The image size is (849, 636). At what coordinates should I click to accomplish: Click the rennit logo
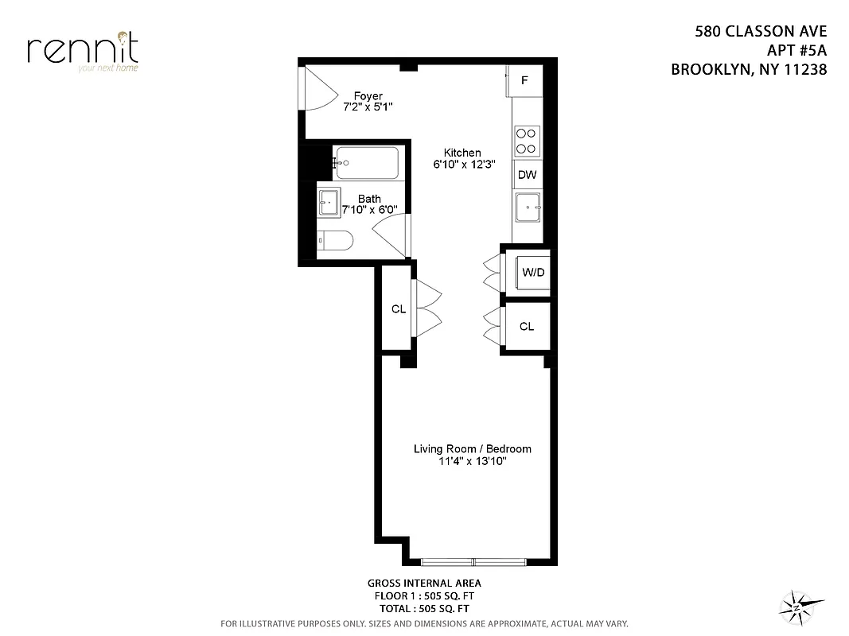tap(82, 50)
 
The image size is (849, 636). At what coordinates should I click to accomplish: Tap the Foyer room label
tap(346, 96)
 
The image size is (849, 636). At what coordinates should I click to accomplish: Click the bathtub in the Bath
tap(366, 163)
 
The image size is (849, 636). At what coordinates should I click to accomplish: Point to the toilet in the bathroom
tap(335, 241)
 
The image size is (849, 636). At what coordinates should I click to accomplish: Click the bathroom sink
tap(329, 204)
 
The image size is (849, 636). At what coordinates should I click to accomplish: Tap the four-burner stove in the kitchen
tap(526, 141)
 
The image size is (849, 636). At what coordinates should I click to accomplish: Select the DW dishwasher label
tap(527, 175)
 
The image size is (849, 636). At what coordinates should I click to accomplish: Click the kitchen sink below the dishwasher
tap(528, 208)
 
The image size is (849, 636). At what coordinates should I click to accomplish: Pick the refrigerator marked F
tap(525, 81)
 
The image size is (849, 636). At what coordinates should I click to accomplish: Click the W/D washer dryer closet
tap(532, 273)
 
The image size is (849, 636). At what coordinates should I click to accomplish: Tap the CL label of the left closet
tap(399, 309)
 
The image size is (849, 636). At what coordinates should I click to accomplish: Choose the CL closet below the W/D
tap(527, 326)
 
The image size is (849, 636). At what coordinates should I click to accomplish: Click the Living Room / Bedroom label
tap(472, 449)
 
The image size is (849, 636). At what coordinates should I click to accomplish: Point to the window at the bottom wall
tap(473, 562)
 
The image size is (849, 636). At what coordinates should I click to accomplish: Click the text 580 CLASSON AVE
tap(761, 33)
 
